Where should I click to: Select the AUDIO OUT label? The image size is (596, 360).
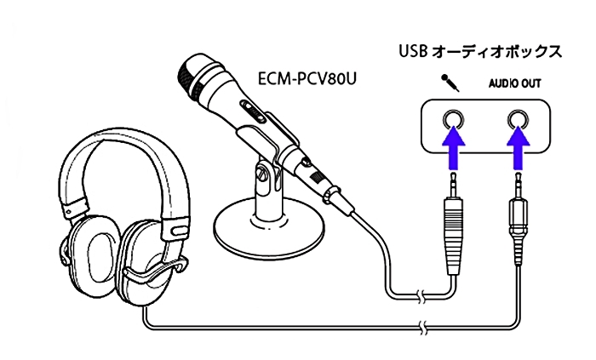[514, 84]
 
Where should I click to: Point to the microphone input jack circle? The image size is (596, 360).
[453, 118]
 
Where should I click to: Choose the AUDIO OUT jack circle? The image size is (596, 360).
[518, 118]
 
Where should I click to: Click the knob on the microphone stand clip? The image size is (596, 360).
[265, 178]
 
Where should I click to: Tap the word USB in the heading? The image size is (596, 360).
[413, 51]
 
